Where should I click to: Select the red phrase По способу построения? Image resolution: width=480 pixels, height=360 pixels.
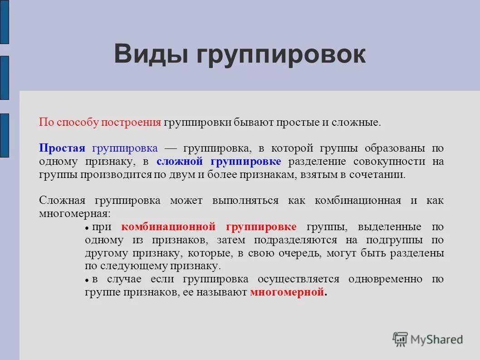tap(100, 123)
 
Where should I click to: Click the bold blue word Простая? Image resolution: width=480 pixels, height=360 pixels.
tap(62, 148)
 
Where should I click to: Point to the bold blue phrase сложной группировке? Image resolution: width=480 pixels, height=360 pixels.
tap(219, 162)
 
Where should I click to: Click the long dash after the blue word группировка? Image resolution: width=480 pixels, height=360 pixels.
tap(170, 149)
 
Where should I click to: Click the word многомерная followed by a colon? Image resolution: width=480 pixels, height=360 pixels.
tap(74, 214)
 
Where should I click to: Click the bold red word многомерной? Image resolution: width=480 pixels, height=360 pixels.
tap(287, 292)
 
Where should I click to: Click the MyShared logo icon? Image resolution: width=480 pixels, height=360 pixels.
tap(400, 339)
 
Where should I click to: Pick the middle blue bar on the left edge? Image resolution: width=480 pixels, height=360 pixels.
tap(4, 78)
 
